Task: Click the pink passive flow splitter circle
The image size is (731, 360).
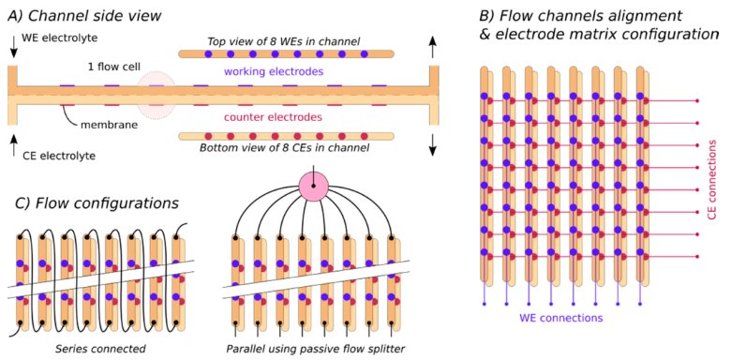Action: [313, 186]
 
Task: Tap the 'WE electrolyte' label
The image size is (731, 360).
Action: [60, 38]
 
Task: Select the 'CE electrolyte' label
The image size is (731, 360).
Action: [59, 156]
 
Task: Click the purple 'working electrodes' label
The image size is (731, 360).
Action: [274, 72]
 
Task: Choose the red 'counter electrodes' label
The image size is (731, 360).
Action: [274, 117]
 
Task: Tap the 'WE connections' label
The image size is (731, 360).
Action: [561, 319]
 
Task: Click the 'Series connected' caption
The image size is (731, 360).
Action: [100, 349]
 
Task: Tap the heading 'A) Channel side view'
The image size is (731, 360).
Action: [85, 15]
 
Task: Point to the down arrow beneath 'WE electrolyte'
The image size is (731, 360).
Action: [13, 47]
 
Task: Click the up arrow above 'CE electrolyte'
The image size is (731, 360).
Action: [13, 143]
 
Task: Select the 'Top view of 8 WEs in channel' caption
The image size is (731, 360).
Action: [284, 41]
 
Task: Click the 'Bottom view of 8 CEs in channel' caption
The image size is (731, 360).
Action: [284, 148]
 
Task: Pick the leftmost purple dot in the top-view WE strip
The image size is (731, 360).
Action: [208, 54]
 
